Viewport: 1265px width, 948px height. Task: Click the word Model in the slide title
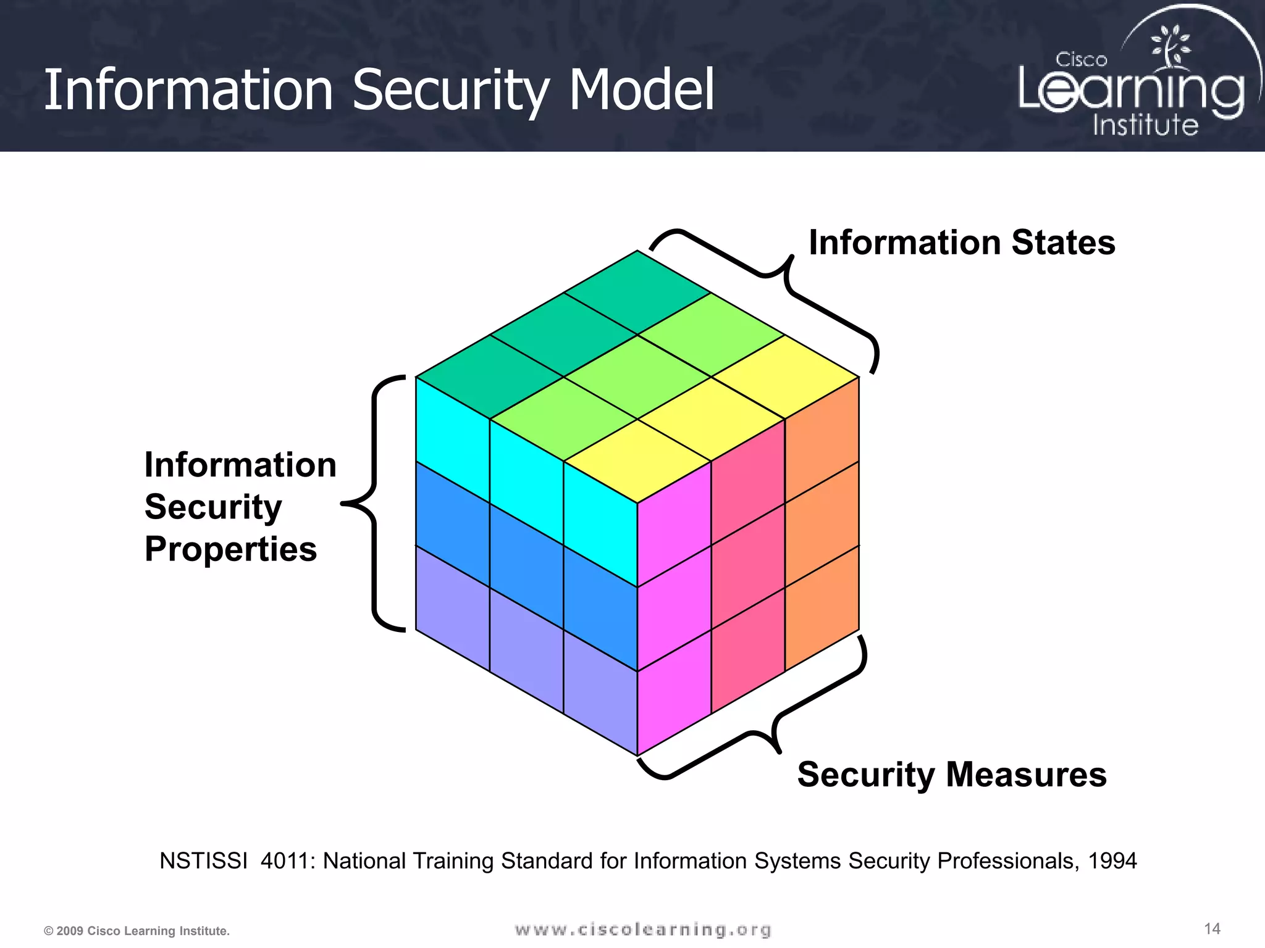point(641,91)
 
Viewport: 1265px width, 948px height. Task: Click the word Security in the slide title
point(450,91)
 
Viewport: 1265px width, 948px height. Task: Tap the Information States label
point(962,243)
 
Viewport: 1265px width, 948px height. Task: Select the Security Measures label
point(951,775)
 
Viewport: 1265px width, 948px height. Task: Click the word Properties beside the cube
point(230,549)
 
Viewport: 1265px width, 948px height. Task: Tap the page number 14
point(1212,929)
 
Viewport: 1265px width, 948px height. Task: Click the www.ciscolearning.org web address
point(642,929)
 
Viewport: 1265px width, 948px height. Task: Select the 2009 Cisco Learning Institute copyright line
point(137,931)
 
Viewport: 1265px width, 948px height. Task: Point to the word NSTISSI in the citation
point(203,861)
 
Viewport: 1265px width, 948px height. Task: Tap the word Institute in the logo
point(1145,125)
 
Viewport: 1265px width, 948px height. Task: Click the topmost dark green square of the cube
point(637,293)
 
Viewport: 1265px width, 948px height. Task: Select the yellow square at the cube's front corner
point(637,461)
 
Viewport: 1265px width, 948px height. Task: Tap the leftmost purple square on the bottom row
point(453,608)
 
